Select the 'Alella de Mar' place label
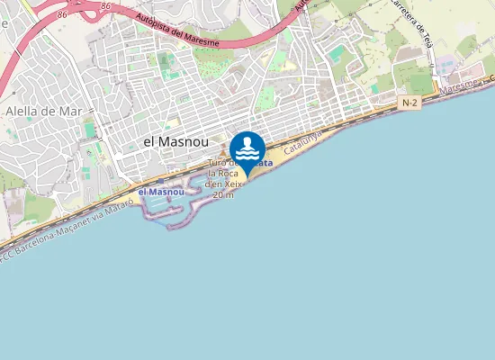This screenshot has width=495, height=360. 45,112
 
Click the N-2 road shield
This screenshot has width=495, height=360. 409,103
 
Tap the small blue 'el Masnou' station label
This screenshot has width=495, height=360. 161,192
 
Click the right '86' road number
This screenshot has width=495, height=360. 106,6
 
